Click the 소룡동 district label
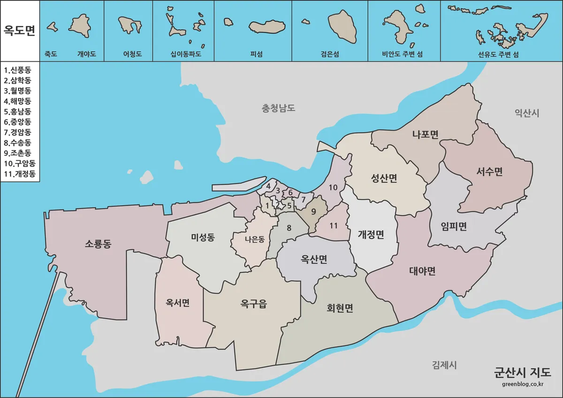(x=98, y=244)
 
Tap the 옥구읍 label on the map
(x=253, y=304)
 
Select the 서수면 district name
(x=489, y=172)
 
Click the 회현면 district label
(x=340, y=308)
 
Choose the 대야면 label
(x=422, y=271)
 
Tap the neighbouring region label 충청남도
(x=279, y=108)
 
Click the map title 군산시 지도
(x=522, y=372)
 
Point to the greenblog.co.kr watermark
(x=522, y=384)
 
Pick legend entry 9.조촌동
(x=17, y=153)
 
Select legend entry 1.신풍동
(x=17, y=70)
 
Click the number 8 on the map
(x=289, y=228)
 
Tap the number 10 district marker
(x=333, y=188)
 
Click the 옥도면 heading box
(x=20, y=30)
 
